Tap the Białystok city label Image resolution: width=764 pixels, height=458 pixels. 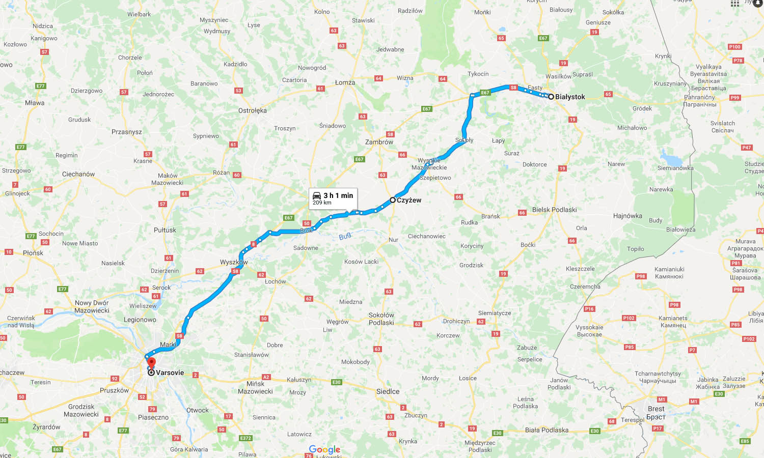[570, 97]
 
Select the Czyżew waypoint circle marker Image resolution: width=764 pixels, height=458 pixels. [393, 200]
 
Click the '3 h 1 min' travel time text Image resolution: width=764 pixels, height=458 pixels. [338, 195]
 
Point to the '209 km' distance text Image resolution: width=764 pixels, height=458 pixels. [322, 203]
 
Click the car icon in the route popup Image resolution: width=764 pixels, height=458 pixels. [317, 196]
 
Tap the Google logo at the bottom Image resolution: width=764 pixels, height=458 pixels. [324, 449]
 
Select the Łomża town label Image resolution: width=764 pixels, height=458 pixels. [345, 82]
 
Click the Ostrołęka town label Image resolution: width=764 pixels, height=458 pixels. [253, 110]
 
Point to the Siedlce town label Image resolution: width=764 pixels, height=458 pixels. [388, 391]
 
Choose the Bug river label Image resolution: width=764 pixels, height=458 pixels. [345, 236]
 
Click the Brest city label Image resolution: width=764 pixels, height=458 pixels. [656, 409]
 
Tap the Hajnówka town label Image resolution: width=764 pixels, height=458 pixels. [627, 216]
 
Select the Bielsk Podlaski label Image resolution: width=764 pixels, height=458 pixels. [554, 210]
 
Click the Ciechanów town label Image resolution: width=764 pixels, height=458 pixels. [78, 174]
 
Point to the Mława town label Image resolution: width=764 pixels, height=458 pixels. [35, 103]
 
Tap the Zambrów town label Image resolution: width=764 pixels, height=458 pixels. [379, 142]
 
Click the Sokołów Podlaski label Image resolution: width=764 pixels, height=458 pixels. [381, 319]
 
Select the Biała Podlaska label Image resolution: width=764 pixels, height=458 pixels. [547, 430]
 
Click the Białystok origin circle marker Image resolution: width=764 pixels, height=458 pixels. [551, 96]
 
